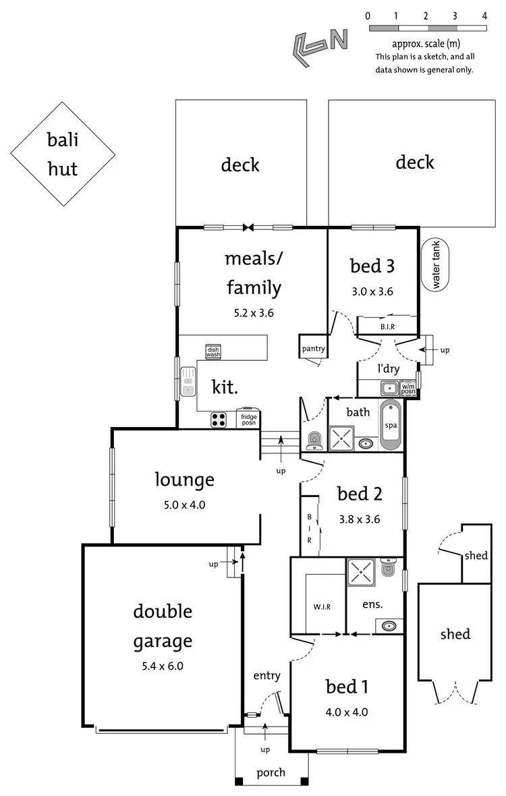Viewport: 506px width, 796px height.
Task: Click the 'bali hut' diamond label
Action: pos(62,154)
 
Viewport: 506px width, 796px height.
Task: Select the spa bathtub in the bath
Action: pos(391,425)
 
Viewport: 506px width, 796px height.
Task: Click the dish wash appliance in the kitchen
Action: pos(213,351)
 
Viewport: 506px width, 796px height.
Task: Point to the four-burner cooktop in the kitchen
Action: pos(219,420)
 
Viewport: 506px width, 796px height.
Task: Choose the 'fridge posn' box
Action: pos(249,420)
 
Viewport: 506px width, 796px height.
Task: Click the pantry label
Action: pos(314,349)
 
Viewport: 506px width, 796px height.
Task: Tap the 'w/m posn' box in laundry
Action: pos(408,389)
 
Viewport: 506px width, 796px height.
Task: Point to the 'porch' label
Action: pos(271,772)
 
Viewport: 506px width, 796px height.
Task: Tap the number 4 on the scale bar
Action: pos(485,14)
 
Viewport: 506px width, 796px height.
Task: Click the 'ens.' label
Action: pos(372,605)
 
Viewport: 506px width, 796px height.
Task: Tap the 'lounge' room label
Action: pos(184,480)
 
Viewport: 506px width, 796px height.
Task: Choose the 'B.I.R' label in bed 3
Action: pos(387,327)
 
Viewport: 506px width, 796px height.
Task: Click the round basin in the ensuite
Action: pos(389,627)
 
